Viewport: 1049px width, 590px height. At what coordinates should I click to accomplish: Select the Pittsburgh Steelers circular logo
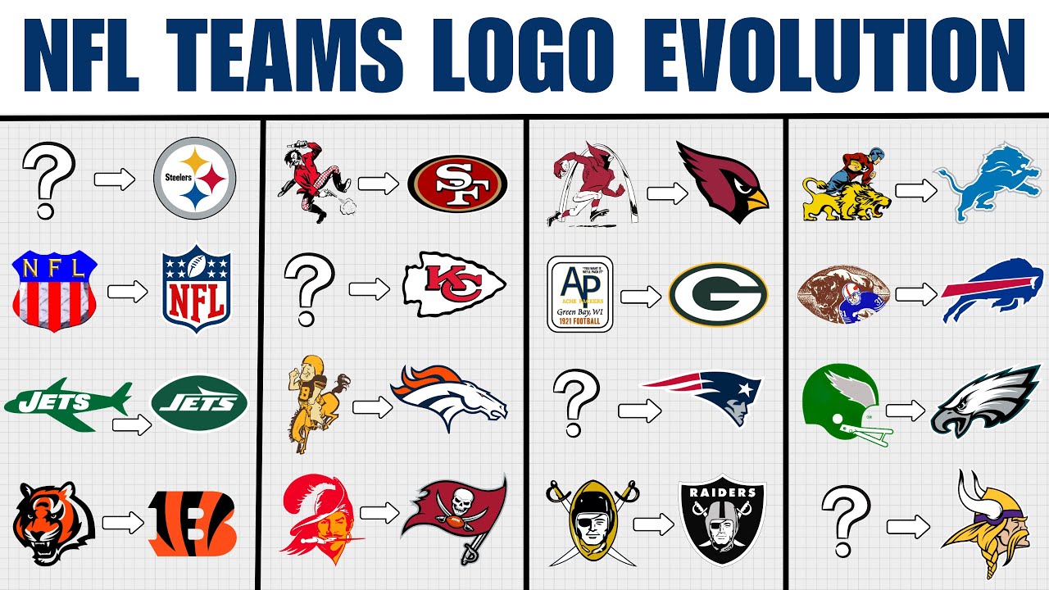(195, 178)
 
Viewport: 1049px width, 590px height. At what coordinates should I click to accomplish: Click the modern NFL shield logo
(195, 288)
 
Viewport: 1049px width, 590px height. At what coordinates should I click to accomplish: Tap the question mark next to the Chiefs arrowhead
(310, 288)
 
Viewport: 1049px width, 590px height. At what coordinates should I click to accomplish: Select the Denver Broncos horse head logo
(449, 397)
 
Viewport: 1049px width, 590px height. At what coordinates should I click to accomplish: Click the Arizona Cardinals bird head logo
(722, 182)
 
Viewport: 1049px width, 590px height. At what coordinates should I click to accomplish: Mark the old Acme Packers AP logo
(580, 293)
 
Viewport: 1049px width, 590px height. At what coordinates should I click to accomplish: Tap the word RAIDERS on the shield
(723, 493)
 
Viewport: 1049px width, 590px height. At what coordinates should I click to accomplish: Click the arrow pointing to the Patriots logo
(640, 411)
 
